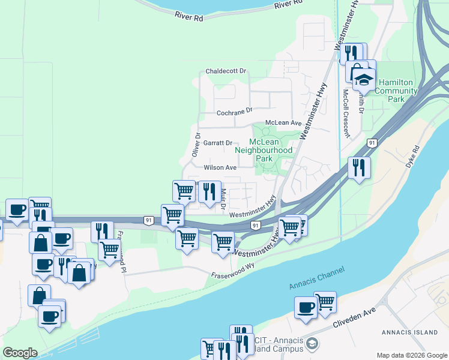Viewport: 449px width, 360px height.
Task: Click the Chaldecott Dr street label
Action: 226,71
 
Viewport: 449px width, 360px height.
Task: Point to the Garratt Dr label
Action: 218,143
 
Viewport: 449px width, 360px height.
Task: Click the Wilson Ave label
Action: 220,167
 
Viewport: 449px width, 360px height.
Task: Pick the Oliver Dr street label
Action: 196,145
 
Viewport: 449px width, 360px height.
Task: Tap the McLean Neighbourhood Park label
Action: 264,150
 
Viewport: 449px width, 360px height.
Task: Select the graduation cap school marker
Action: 363,79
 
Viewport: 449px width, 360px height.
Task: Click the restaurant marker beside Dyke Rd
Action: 359,167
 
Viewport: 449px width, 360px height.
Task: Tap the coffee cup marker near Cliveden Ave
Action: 306,308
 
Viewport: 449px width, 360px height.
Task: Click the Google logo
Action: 20,353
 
